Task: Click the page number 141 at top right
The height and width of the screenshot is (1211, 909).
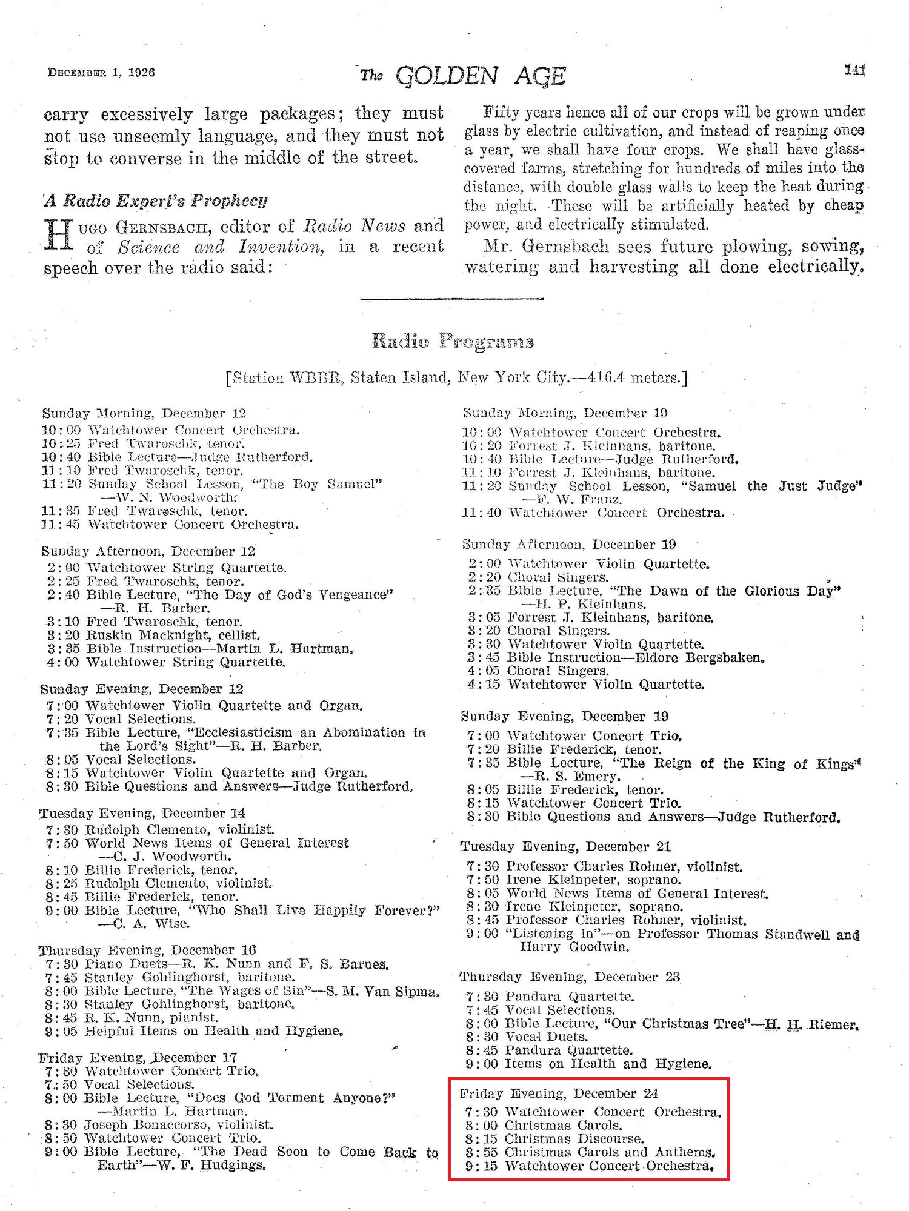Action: click(854, 70)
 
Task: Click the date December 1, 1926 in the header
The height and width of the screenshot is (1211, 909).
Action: click(101, 72)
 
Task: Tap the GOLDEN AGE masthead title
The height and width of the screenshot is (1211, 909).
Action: click(481, 76)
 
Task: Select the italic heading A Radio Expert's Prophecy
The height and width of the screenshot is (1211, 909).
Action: click(156, 201)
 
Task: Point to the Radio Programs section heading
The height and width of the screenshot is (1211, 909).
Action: click(453, 341)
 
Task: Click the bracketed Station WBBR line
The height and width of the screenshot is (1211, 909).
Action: click(456, 378)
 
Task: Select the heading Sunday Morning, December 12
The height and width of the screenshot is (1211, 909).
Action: click(144, 413)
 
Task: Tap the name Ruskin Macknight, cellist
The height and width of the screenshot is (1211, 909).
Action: click(173, 635)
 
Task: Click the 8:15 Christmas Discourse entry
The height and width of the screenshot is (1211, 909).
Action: click(574, 1139)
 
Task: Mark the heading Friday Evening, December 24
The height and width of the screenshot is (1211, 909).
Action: click(559, 1093)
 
